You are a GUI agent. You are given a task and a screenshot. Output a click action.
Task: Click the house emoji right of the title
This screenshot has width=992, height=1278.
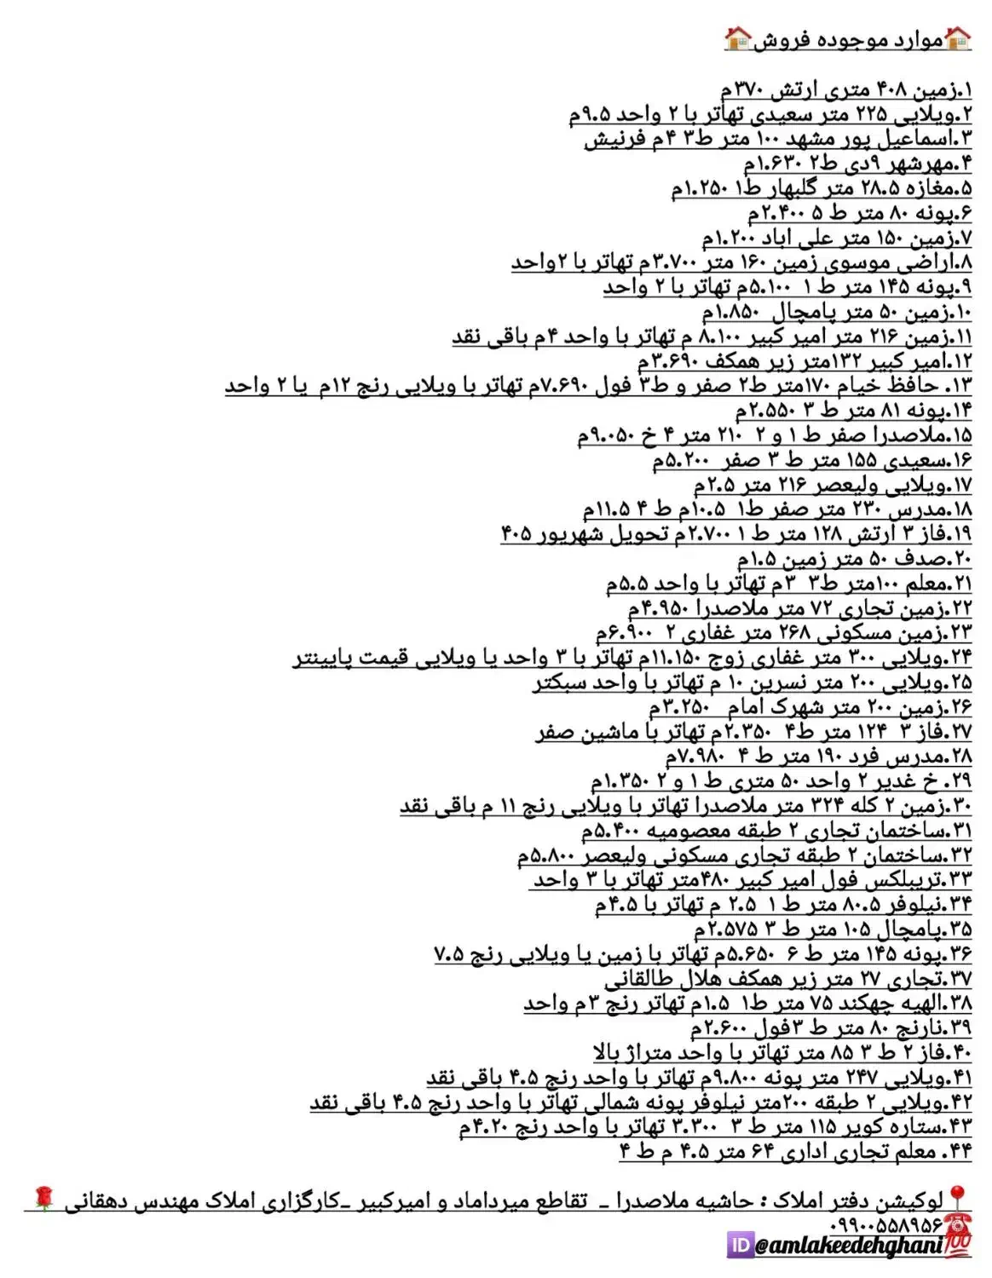click(x=958, y=38)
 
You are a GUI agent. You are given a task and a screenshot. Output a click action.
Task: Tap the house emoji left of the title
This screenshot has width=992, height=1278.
click(x=738, y=38)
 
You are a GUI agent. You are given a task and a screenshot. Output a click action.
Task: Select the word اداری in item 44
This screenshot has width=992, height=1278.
click(x=805, y=1152)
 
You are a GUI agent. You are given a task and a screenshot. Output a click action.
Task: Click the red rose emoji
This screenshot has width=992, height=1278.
click(x=43, y=1200)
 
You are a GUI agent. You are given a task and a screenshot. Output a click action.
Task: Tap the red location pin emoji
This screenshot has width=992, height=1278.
click(x=957, y=1198)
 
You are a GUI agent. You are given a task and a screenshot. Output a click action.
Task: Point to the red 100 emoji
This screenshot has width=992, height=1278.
click(x=958, y=1245)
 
